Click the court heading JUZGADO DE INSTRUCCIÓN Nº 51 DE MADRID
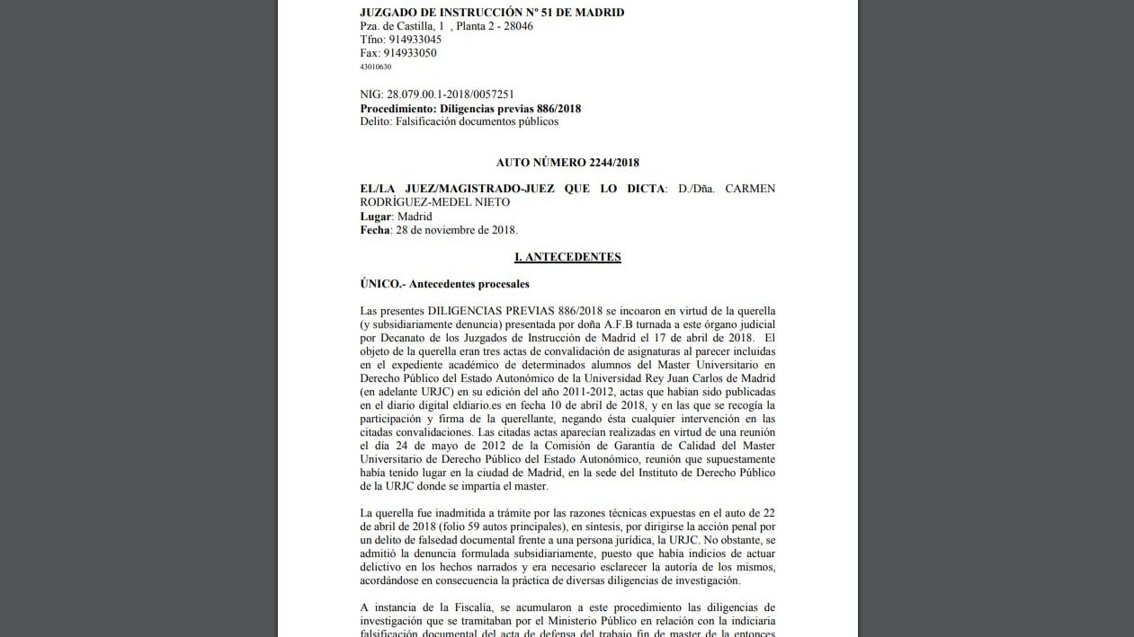491,13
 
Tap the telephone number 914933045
414,40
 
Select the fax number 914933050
410,53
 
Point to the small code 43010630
375,66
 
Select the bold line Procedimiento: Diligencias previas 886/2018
470,109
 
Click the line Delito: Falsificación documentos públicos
459,121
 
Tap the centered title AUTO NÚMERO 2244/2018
567,163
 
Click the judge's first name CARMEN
749,189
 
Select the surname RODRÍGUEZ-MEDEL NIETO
434,202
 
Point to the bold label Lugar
375,217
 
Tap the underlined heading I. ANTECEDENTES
567,257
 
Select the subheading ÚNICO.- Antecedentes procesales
444,284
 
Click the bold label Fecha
374,230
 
